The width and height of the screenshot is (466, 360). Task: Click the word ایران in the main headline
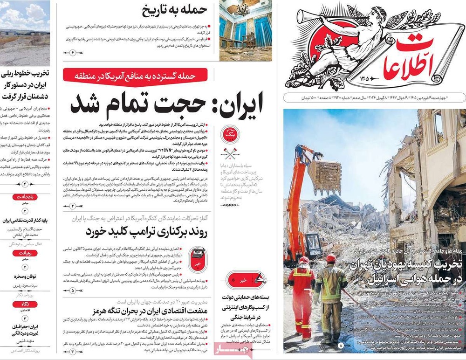coord(236,103)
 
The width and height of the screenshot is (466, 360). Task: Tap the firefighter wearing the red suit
coord(302,297)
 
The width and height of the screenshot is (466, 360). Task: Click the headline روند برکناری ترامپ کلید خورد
coord(145,232)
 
